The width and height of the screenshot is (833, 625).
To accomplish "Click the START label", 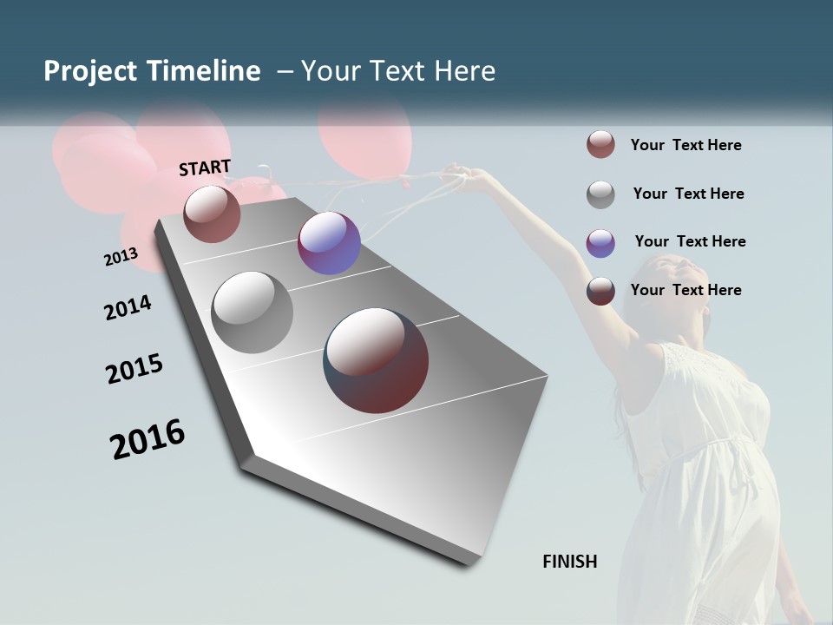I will coord(205,168).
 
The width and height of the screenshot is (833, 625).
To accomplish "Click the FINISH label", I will coord(569,562).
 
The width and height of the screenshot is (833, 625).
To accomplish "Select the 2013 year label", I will coord(121,257).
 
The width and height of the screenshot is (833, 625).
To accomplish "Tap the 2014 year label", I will coord(128,308).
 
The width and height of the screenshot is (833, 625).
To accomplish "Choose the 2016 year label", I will coord(148,438).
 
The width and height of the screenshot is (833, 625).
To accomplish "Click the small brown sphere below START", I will coord(212,214).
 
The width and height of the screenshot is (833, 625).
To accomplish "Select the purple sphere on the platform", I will coord(329,243).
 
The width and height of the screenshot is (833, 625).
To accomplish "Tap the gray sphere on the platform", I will coord(253,312).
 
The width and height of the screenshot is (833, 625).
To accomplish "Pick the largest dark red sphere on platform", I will coord(376,360).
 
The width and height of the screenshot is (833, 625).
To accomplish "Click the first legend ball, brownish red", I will coord(600,145).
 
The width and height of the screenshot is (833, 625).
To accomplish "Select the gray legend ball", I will coord(600,194).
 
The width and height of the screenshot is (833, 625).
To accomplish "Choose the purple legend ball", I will coord(600,243).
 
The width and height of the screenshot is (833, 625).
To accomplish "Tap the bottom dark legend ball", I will coord(600,291).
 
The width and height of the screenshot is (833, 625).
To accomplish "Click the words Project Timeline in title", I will coord(152,71).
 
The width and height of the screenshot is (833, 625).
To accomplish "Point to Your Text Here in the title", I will coord(397,71).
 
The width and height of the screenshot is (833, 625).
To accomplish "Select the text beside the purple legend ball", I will coord(690,241).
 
